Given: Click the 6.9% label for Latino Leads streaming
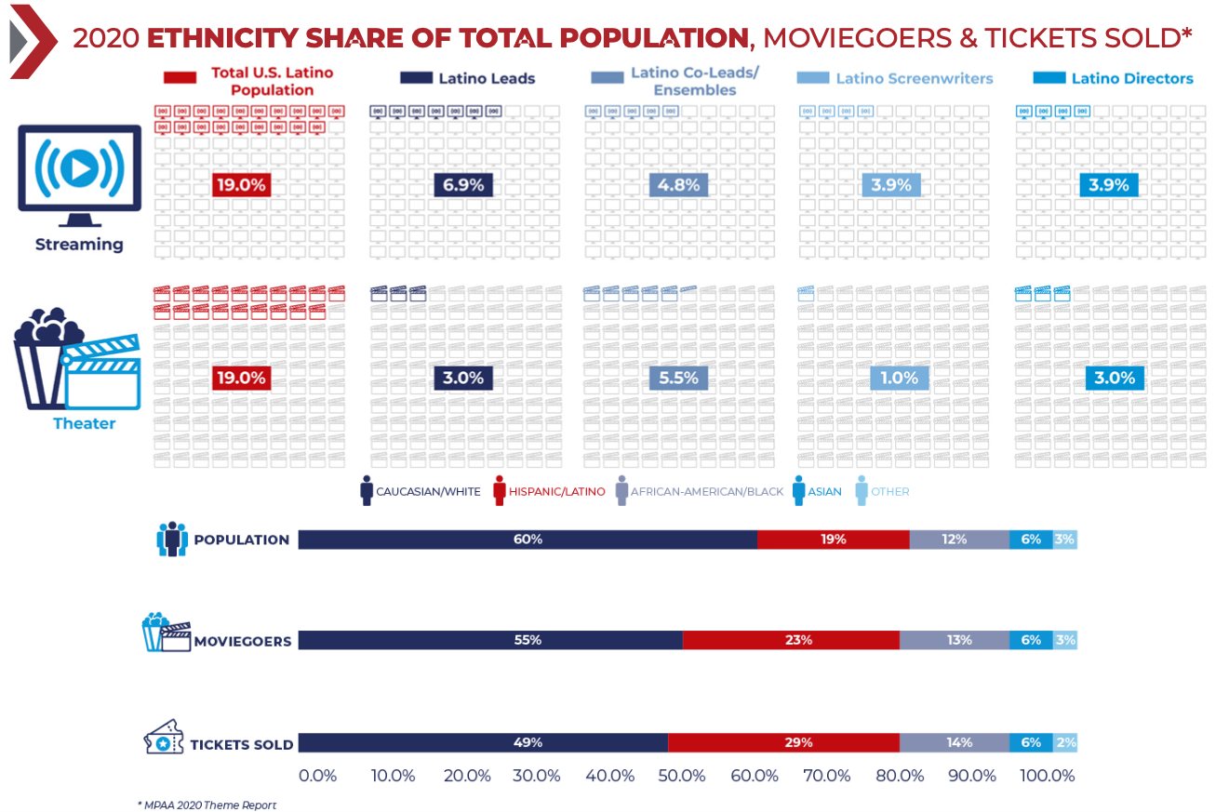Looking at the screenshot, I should click(463, 185).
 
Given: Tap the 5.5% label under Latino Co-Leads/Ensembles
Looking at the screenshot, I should click(678, 379).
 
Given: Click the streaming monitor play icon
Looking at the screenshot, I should click(79, 170).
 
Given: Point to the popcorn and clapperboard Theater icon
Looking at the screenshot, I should click(76, 360).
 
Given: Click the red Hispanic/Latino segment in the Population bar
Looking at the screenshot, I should click(833, 539).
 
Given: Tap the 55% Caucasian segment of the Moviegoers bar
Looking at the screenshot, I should click(489, 640).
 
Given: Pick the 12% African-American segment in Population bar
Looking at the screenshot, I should click(958, 539).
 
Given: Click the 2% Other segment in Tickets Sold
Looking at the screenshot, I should click(1065, 742).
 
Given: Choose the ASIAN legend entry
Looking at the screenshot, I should click(820, 491).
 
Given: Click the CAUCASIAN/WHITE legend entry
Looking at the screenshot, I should click(420, 491).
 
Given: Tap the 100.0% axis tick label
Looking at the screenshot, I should click(1048, 776).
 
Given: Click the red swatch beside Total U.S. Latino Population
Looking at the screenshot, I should click(179, 78).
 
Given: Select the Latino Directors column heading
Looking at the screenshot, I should click(1131, 78).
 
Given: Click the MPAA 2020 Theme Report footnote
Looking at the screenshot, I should click(207, 805).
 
